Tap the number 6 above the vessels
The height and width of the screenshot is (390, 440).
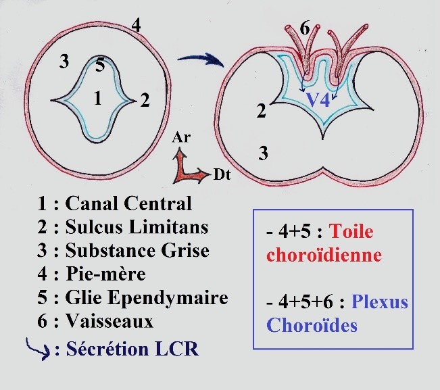point(305,28)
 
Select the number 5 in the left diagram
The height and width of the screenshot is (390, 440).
point(99,66)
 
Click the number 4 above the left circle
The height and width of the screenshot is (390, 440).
point(137,26)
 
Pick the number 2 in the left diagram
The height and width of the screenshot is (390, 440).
point(145,101)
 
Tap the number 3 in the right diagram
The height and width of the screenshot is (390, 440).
point(264,154)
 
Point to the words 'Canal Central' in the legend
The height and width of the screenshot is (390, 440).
point(129,203)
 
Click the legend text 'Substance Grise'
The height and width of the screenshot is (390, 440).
point(137,250)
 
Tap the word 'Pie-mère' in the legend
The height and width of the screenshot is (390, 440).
point(105,274)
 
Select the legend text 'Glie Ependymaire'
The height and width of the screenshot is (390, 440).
point(147,298)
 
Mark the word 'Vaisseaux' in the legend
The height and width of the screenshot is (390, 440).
point(109,321)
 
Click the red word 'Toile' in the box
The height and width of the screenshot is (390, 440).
point(351,231)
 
